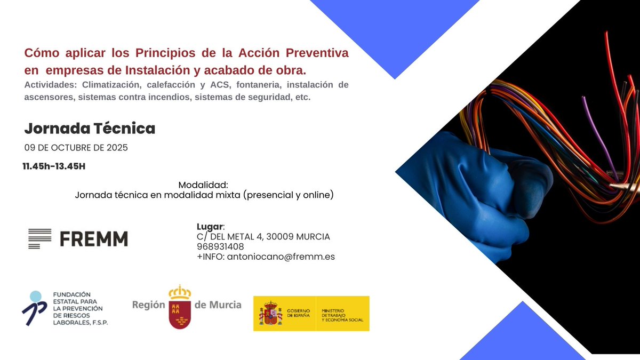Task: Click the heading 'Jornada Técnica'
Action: coord(90,129)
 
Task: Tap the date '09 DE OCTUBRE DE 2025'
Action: coord(76,148)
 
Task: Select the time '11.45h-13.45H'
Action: coord(54,166)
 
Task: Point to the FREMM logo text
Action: coord(94,238)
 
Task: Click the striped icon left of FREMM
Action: coord(39,238)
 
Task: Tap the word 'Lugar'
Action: coord(209,226)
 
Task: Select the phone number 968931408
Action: coord(220,246)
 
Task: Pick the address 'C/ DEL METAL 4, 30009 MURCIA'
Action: coord(263,236)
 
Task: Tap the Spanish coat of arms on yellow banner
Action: coord(270,313)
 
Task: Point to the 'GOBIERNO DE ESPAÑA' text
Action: coord(299,313)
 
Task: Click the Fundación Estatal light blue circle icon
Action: coord(35,297)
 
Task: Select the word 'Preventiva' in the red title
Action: coord(317,53)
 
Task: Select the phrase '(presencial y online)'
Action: coord(289,195)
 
